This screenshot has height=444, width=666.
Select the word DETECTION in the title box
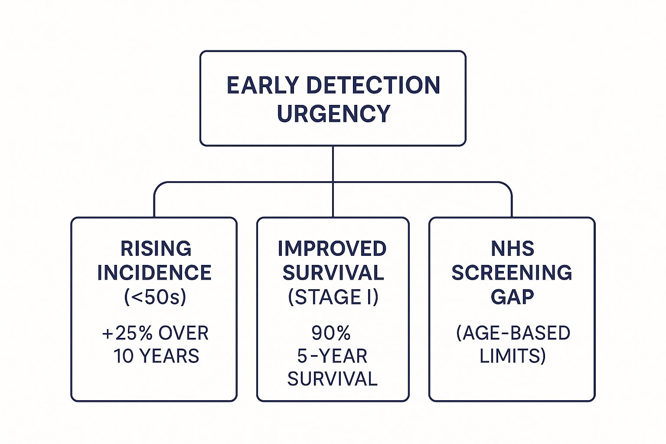tap(373, 85)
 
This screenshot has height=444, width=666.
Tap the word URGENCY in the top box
tap(333, 114)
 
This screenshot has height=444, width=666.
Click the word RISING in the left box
tap(156, 249)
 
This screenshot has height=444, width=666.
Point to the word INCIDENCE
tap(154, 273)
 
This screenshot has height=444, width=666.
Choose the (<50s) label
tap(155, 297)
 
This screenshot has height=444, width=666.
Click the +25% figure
tap(127, 333)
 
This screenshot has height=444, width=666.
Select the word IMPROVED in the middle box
tap(332, 249)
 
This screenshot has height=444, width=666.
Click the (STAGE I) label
tap(333, 297)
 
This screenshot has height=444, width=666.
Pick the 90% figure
tap(331, 333)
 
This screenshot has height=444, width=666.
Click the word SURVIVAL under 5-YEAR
tap(332, 379)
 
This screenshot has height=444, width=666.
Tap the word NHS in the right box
tap(512, 249)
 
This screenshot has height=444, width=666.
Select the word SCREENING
tap(512, 273)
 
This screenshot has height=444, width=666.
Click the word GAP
tap(512, 297)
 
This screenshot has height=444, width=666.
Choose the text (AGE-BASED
tap(513, 333)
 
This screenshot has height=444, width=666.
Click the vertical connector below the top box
tap(333, 164)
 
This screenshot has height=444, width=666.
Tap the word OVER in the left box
tap(183, 333)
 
